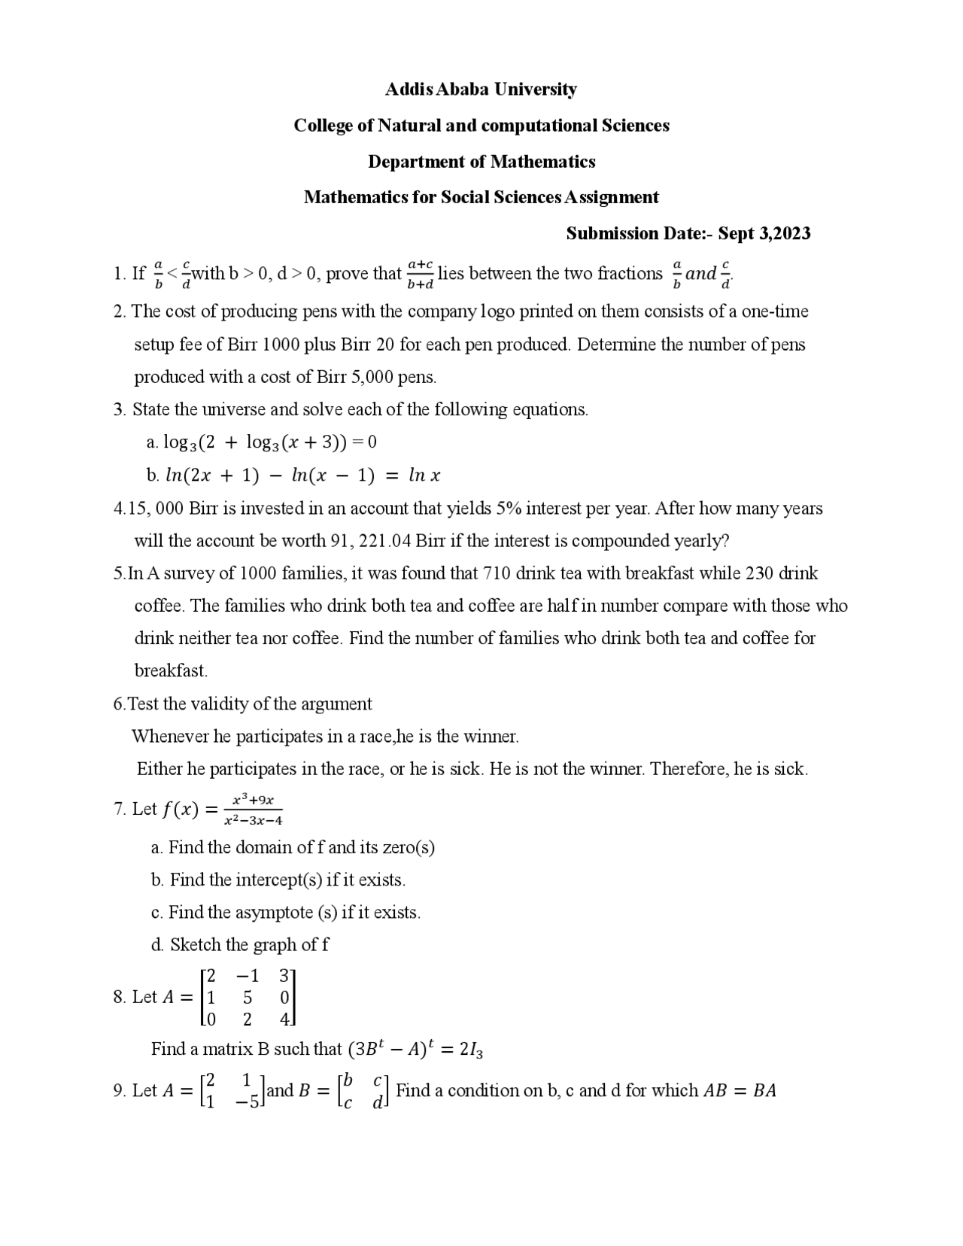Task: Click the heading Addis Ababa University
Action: (x=481, y=90)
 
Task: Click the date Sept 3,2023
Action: (x=764, y=233)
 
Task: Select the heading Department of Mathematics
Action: (x=481, y=162)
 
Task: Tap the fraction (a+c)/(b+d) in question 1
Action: (x=420, y=274)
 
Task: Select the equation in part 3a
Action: (x=269, y=442)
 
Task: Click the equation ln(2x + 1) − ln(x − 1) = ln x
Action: (x=302, y=476)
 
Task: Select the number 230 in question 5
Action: (x=759, y=573)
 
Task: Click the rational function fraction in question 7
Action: (x=253, y=810)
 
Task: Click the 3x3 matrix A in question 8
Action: (x=248, y=998)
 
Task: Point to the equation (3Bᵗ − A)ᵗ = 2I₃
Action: (x=415, y=1049)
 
